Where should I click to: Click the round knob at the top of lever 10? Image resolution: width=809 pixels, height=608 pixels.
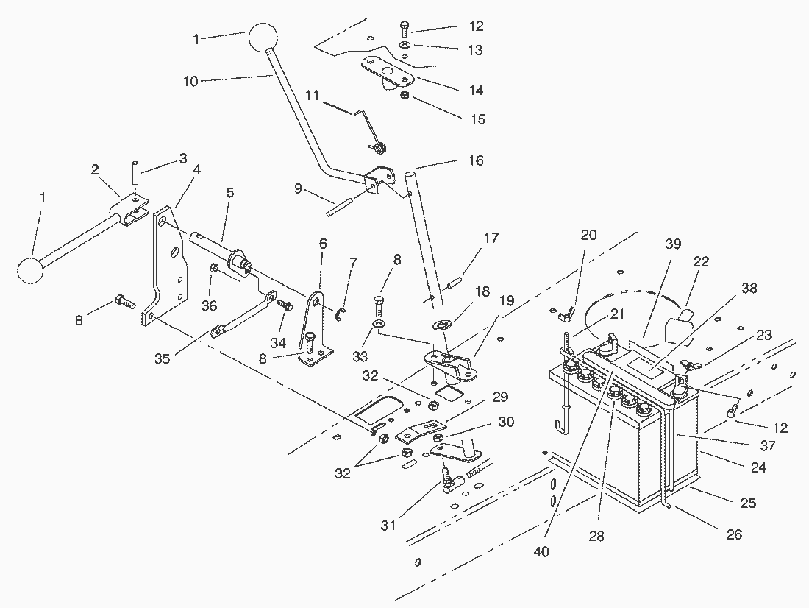[262, 37]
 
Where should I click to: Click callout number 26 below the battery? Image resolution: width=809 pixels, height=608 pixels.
[733, 534]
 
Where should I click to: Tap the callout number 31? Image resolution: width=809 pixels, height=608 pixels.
[388, 526]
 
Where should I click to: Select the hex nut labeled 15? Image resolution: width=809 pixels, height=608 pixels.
[404, 96]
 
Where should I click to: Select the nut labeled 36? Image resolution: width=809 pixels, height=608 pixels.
[214, 269]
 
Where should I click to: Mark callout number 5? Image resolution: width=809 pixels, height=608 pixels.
[230, 194]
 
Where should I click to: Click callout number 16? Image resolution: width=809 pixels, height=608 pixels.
[477, 160]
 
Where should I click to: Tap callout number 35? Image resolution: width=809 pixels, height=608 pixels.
[162, 359]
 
